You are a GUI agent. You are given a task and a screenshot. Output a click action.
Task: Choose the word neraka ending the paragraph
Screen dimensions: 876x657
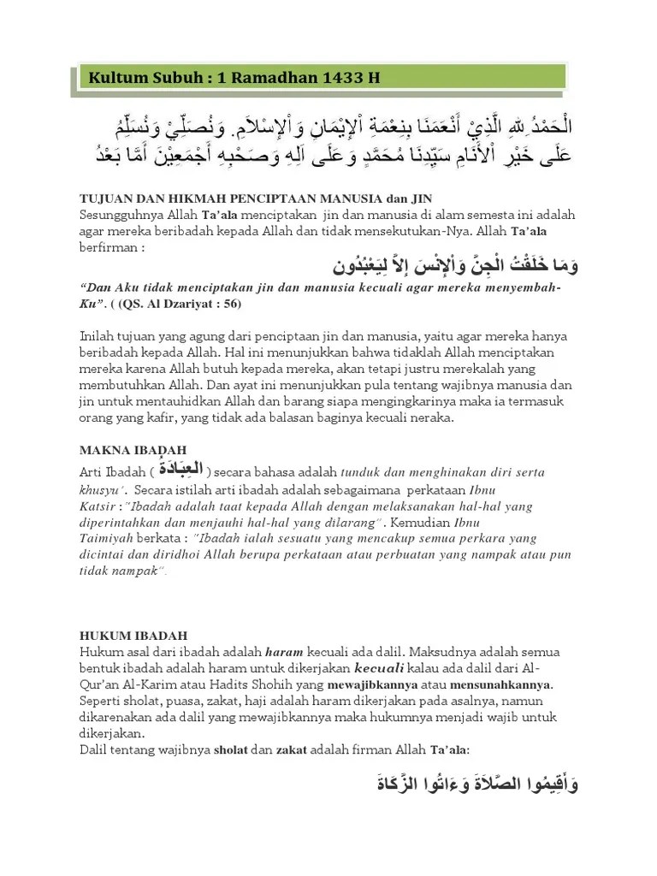pyautogui.click(x=434, y=418)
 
